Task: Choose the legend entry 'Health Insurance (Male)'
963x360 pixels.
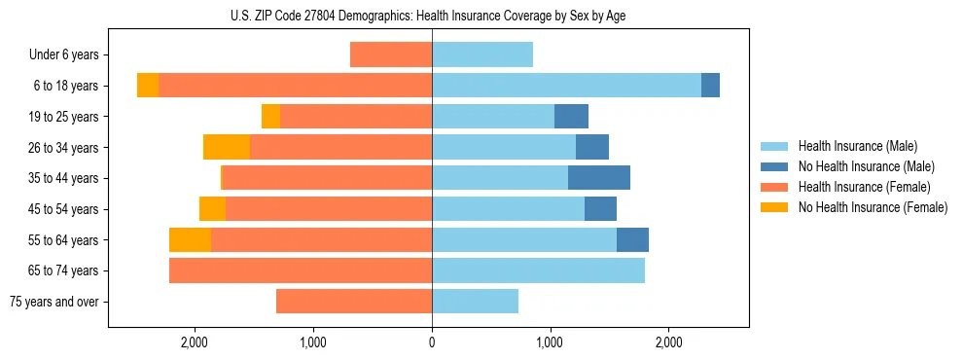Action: [858, 146]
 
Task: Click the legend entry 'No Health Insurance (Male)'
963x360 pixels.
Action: [866, 166]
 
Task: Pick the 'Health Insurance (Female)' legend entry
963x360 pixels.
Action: [864, 187]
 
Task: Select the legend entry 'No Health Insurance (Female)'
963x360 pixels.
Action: [873, 207]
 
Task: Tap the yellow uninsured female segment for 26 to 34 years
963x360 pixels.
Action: [227, 147]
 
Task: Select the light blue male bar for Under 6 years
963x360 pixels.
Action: [482, 54]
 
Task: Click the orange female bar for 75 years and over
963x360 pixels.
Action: [354, 302]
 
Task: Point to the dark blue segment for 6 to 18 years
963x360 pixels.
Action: [710, 86]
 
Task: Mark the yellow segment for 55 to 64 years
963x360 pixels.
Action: [190, 240]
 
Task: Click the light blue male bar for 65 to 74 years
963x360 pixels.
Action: [538, 270]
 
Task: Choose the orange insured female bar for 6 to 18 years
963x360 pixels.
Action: [295, 86]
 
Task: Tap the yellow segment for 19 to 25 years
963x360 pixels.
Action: [270, 116]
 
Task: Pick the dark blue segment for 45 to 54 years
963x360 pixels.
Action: [600, 209]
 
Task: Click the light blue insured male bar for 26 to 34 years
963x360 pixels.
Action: [504, 147]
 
